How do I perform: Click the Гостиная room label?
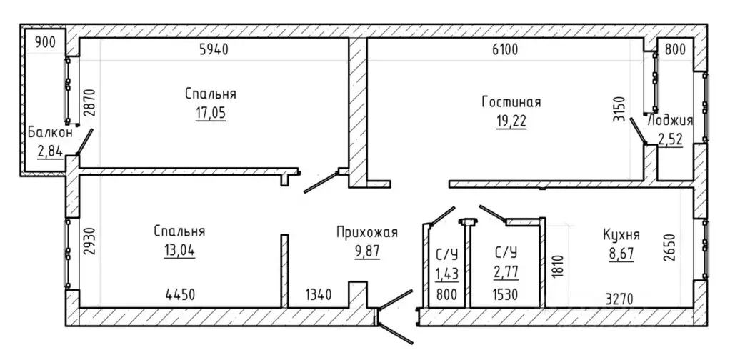[x=511, y=102]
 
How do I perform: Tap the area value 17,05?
[x=211, y=114]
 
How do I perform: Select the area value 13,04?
[x=179, y=251]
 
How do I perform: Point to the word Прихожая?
[x=367, y=232]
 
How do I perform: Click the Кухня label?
[x=621, y=234]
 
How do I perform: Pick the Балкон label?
[x=50, y=132]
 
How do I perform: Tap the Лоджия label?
[x=671, y=121]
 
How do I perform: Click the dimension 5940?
[x=214, y=49]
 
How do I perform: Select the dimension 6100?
[x=505, y=49]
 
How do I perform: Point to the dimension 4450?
[x=180, y=294]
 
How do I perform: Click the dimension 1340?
[x=319, y=294]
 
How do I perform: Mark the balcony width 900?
[x=45, y=42]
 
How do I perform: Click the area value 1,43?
[x=447, y=274]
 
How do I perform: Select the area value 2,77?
[x=506, y=270]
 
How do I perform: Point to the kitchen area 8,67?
[x=621, y=255]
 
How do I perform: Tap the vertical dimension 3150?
[x=619, y=109]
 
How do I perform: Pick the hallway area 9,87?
[x=367, y=251]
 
